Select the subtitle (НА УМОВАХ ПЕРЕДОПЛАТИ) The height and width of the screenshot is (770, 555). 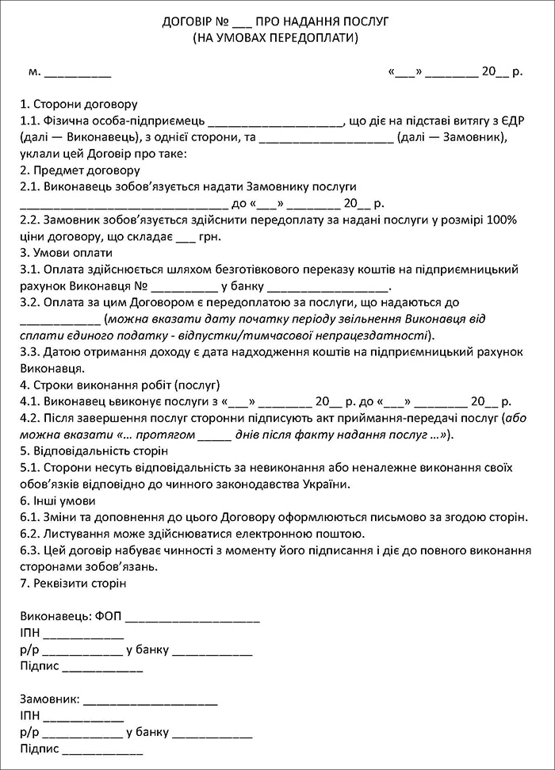276,37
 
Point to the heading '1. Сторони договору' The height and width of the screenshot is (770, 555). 79,104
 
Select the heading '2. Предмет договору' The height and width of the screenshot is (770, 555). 80,170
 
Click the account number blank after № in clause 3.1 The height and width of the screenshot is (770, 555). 183,287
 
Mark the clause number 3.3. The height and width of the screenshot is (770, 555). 30,352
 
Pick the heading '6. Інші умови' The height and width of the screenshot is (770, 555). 58,500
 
